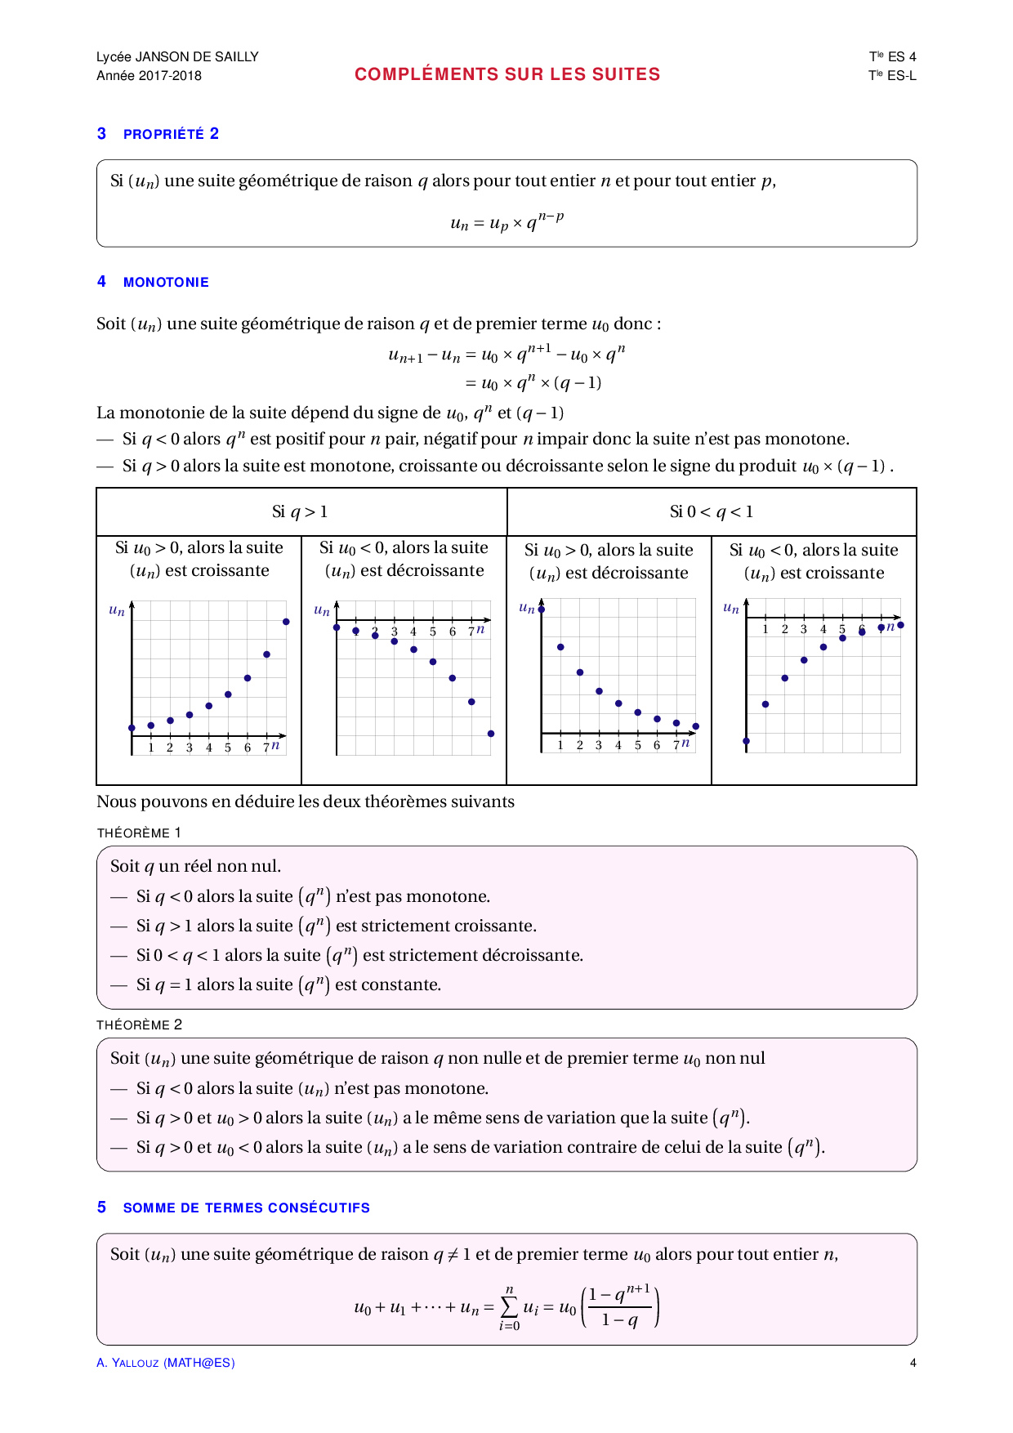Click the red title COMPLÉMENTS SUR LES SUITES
pyautogui.click(x=507, y=74)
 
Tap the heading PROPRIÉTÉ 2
pyautogui.click(x=171, y=134)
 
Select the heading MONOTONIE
pyautogui.click(x=166, y=282)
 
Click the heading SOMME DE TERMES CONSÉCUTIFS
pyautogui.click(x=246, y=1208)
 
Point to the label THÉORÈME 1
pyautogui.click(x=139, y=833)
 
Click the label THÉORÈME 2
pyautogui.click(x=139, y=1025)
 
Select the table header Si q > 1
pyautogui.click(x=300, y=512)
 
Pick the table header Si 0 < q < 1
pyautogui.click(x=712, y=512)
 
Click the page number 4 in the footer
pyautogui.click(x=913, y=1363)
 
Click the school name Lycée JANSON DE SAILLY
pyautogui.click(x=177, y=56)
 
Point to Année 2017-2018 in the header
pyautogui.click(x=149, y=75)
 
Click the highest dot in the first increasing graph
pyautogui.click(x=286, y=622)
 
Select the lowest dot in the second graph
pyautogui.click(x=491, y=734)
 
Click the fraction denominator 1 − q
pyautogui.click(x=619, y=1319)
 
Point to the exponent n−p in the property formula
pyautogui.click(x=551, y=217)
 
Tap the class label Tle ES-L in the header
pyautogui.click(x=892, y=75)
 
